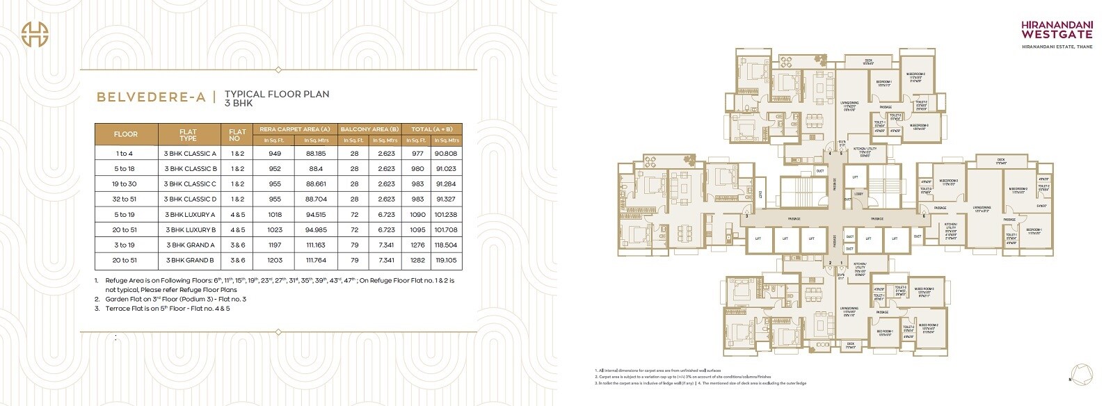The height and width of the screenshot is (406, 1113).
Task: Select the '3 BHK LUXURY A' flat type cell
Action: coord(190,215)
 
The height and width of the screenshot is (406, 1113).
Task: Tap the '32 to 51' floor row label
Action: coord(126,200)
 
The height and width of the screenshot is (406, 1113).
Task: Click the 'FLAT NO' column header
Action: coord(237,134)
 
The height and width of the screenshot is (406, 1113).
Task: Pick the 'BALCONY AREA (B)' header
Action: coord(369,129)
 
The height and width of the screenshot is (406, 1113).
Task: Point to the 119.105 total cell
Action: coord(445,260)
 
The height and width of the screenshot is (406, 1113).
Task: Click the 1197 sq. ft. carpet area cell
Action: coord(275,245)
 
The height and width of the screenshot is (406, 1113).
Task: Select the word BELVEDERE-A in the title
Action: coord(151,98)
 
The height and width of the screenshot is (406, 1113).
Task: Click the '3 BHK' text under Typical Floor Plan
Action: coord(238,103)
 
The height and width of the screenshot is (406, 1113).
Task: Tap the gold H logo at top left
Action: coord(33,34)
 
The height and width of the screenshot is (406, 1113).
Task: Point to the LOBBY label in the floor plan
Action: coord(858,194)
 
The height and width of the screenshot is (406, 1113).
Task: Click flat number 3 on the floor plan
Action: coord(746,216)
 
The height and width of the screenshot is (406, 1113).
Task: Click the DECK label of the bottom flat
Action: coord(850,343)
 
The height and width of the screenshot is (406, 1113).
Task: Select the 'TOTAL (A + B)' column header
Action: coord(431,129)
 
